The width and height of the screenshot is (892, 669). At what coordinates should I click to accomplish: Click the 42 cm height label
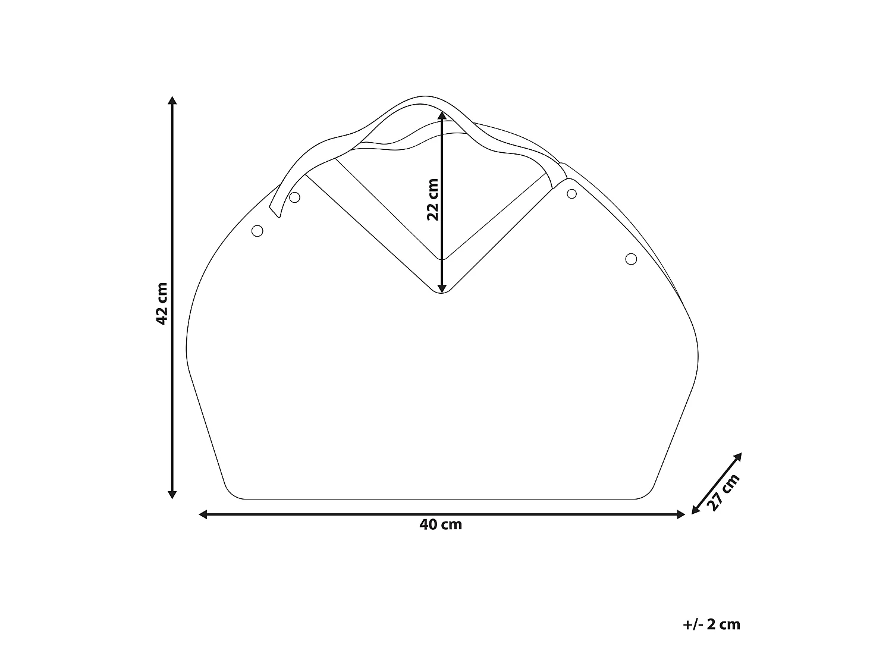[161, 303]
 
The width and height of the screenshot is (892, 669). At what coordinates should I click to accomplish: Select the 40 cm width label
[441, 524]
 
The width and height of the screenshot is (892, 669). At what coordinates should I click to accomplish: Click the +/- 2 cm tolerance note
[712, 624]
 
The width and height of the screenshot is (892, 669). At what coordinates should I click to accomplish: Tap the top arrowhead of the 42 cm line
[172, 100]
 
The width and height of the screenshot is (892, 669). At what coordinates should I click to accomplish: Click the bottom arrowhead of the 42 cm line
[172, 494]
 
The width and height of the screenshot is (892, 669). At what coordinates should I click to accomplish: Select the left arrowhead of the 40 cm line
[203, 514]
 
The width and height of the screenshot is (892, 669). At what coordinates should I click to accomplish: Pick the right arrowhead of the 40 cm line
[681, 514]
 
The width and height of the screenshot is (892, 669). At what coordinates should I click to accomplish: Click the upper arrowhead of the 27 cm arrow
[739, 456]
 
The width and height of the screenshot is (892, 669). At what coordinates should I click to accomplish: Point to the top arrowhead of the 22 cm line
[441, 115]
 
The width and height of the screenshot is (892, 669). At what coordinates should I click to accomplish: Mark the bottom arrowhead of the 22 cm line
[441, 289]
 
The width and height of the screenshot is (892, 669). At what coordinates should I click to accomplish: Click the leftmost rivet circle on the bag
[257, 231]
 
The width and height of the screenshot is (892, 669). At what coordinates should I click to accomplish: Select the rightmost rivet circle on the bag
[631, 259]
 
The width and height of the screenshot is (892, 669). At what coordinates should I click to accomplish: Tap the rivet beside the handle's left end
[294, 197]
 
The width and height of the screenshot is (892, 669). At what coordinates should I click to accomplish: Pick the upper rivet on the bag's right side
[571, 194]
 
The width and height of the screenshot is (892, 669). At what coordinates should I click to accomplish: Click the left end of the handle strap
[275, 211]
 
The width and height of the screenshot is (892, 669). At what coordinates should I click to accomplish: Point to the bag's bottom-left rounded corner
[232, 491]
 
